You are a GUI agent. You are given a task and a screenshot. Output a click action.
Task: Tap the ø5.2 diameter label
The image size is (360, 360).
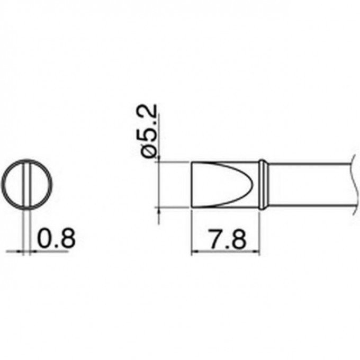(149, 130)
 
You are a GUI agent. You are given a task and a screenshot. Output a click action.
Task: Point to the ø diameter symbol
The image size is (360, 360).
(149, 150)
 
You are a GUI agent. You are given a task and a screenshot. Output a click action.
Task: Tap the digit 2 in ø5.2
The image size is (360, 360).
(149, 112)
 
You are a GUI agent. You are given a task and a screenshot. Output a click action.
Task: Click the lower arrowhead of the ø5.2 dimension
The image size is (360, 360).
(159, 210)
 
